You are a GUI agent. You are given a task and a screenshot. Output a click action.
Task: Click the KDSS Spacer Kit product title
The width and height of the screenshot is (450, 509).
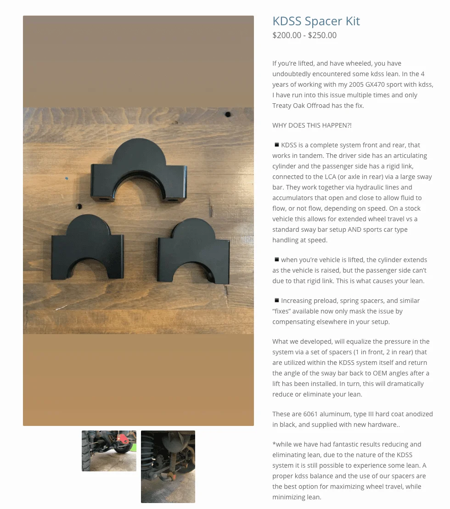(316, 21)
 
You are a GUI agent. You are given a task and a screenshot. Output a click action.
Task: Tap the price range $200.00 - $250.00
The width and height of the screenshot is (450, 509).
(304, 35)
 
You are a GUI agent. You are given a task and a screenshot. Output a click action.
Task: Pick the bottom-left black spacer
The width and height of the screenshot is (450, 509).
(87, 248)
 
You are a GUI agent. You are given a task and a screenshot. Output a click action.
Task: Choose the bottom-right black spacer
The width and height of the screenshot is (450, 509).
(193, 253)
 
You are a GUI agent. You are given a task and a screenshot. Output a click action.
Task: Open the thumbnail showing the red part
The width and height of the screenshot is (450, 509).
(109, 451)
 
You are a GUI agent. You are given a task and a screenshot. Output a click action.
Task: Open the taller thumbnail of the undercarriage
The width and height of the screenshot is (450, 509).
(168, 466)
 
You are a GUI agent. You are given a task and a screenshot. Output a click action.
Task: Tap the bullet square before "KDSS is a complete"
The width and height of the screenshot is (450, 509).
(276, 145)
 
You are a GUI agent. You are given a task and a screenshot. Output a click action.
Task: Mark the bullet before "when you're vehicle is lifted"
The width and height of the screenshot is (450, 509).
(276, 259)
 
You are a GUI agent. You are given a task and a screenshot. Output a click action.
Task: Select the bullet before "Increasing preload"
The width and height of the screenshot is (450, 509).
(276, 300)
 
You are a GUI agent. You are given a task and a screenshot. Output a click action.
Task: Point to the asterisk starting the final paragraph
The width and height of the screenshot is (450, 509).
(274, 444)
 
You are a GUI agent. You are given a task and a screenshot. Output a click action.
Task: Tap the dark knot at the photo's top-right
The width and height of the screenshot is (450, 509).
(228, 114)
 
